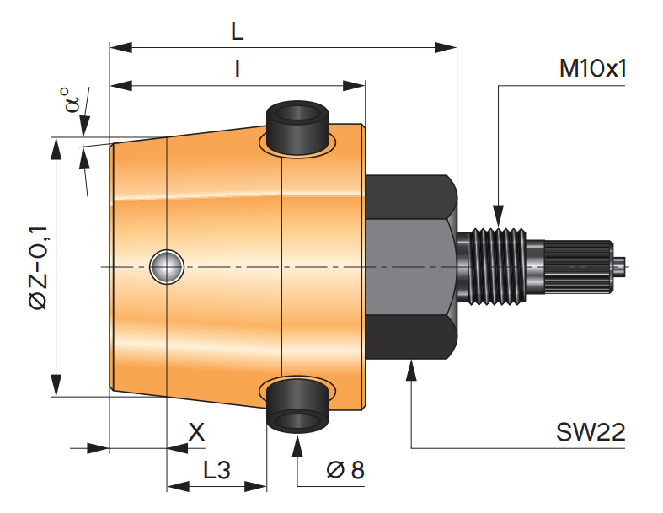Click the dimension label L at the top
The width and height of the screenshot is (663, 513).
pyautogui.click(x=238, y=31)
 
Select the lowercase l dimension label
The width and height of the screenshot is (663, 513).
pyautogui.click(x=238, y=69)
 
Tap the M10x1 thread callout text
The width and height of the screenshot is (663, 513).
pyautogui.click(x=592, y=68)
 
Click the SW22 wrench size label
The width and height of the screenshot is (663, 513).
pyautogui.click(x=591, y=432)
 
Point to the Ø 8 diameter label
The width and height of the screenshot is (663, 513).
pyautogui.click(x=345, y=469)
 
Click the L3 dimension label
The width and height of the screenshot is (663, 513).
pyautogui.click(x=217, y=470)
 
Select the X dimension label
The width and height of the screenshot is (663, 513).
pyautogui.click(x=196, y=432)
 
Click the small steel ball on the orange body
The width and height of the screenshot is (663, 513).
pyautogui.click(x=167, y=267)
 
